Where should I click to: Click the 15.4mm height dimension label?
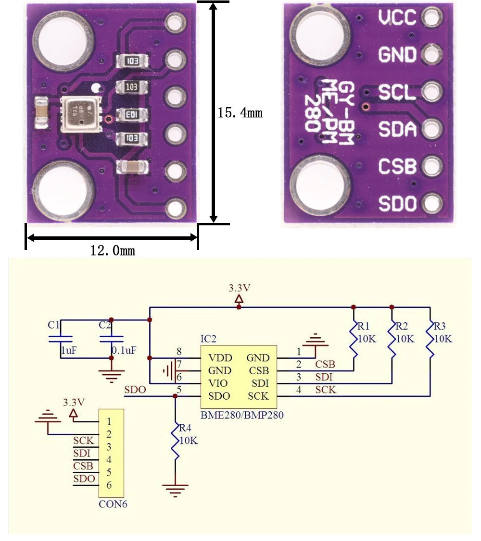[240, 113]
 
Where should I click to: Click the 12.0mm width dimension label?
[113, 250]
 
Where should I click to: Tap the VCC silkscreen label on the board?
[397, 18]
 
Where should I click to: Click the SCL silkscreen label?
[397, 92]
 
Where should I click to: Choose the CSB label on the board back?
[397, 167]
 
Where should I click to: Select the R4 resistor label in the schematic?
[185, 428]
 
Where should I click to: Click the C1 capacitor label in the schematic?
[53, 324]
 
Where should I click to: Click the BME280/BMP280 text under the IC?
[241, 415]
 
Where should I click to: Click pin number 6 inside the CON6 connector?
[109, 485]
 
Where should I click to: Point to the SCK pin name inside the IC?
[258, 396]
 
